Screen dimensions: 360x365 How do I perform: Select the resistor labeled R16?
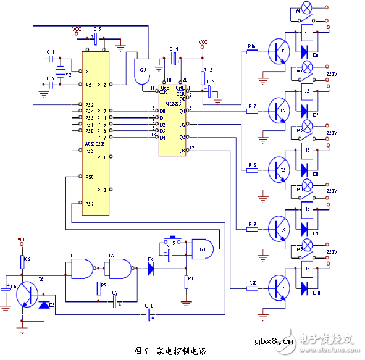(251, 52)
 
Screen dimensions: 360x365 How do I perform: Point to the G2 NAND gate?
(117, 269)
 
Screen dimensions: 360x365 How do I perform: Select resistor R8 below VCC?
(22, 261)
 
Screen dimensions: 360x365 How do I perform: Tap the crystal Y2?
(61, 70)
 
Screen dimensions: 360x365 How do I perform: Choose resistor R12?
(203, 79)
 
